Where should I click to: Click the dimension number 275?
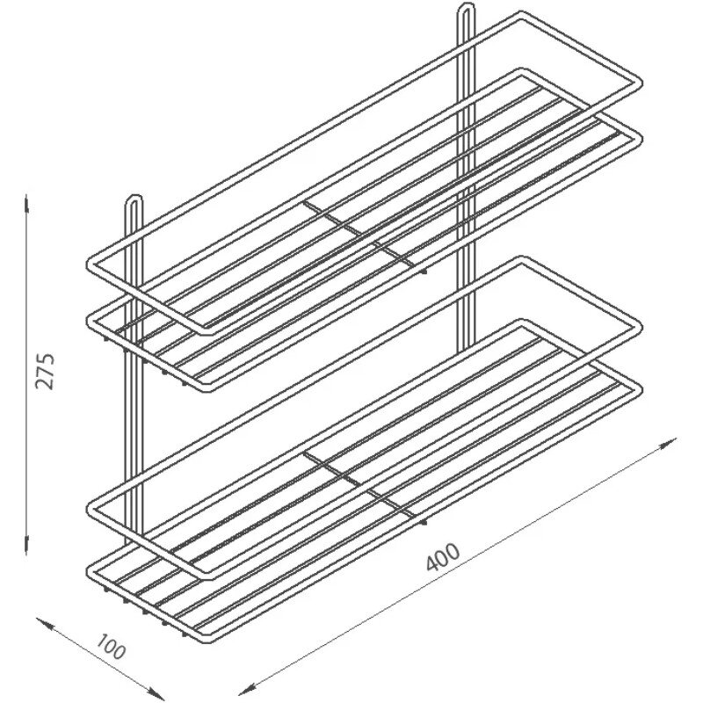[x=45, y=371]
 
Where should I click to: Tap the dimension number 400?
[x=443, y=557]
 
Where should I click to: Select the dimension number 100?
[x=111, y=647]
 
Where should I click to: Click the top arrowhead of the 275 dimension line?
[x=27, y=203]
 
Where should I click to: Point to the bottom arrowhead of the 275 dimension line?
[x=27, y=546]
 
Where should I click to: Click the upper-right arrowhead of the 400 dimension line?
[x=669, y=442]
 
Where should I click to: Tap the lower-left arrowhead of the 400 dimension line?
[x=247, y=690]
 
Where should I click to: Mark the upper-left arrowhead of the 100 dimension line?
[x=45, y=624]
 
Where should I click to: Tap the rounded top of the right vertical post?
[x=467, y=5]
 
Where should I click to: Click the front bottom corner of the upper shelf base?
[x=205, y=388]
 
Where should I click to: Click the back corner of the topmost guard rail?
[x=521, y=13]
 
